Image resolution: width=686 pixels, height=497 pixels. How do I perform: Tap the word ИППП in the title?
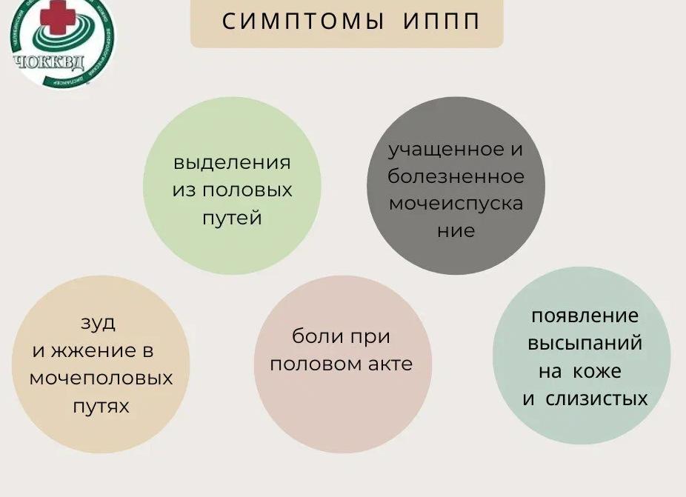(443, 21)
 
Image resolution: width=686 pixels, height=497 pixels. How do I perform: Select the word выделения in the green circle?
(232, 162)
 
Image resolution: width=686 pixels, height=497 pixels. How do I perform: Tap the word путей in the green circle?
(232, 219)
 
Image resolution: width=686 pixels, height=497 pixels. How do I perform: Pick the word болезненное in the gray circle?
(456, 176)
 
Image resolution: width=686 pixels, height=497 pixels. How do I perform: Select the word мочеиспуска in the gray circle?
(456, 204)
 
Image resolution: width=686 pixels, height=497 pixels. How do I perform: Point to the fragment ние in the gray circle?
(456, 231)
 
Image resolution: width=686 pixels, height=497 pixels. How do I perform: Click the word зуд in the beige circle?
(98, 323)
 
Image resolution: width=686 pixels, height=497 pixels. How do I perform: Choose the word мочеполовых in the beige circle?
(101, 378)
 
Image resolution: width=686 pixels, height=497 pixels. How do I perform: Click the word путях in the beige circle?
(101, 406)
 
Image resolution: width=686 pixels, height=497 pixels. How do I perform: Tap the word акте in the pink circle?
(390, 364)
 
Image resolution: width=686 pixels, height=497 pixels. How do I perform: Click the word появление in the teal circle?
(585, 316)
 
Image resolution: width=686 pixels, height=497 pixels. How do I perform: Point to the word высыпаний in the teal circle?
(585, 344)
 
